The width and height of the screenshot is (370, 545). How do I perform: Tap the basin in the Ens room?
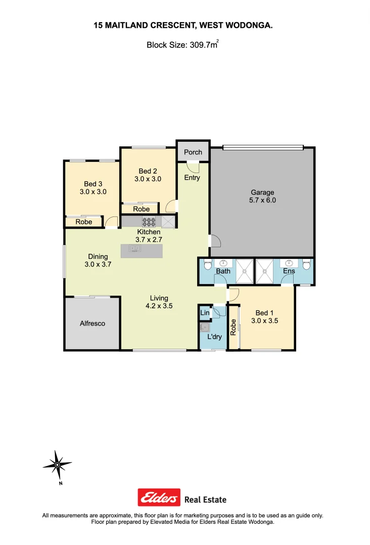pos(289,263)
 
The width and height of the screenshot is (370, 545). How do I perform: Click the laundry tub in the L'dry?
pos(205,326)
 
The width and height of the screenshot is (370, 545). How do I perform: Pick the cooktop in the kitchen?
pos(149,221)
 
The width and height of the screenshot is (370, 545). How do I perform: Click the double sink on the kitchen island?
pos(134,248)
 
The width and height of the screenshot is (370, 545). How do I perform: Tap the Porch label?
pos(193,152)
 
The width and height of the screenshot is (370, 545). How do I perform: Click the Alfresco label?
pos(92,323)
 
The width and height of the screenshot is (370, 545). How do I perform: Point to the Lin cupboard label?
pos(205,313)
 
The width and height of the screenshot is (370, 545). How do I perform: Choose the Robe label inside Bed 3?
pos(84,222)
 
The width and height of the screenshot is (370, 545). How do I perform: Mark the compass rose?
pos(57,464)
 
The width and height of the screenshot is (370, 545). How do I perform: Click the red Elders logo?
pos(159,498)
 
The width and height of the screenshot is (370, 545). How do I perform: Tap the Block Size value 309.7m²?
pos(204,44)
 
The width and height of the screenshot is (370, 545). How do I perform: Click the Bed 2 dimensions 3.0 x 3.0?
pos(148,179)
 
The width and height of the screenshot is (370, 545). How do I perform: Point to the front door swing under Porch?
pos(193,166)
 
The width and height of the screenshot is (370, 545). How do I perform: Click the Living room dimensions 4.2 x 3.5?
pos(159,305)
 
